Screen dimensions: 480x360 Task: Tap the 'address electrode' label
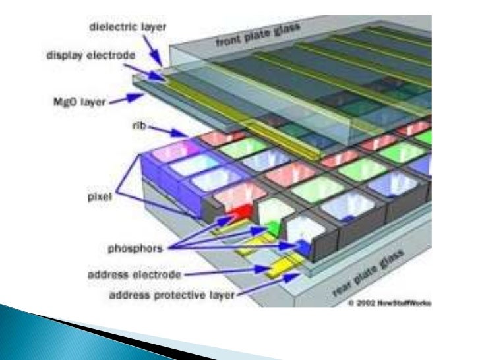point(136,272)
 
